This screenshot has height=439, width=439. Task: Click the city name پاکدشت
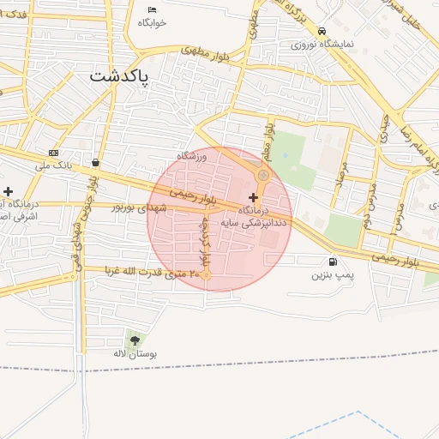click(119, 75)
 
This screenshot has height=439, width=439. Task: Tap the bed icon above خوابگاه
click(152, 9)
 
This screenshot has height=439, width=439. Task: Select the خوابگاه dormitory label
click(152, 22)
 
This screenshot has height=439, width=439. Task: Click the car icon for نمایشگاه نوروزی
click(322, 29)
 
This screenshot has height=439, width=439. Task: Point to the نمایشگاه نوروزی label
click(321, 42)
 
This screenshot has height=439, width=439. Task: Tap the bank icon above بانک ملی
click(53, 153)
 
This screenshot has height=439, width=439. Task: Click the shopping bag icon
click(94, 162)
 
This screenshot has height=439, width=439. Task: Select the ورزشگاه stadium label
click(193, 156)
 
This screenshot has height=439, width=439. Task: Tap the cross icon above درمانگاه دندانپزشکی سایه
click(252, 197)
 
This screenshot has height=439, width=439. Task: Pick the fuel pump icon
click(332, 262)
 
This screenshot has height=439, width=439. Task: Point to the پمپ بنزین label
click(332, 275)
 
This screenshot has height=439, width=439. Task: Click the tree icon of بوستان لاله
click(135, 340)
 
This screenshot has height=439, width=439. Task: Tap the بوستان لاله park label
click(132, 353)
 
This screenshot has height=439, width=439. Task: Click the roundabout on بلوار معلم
click(264, 176)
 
